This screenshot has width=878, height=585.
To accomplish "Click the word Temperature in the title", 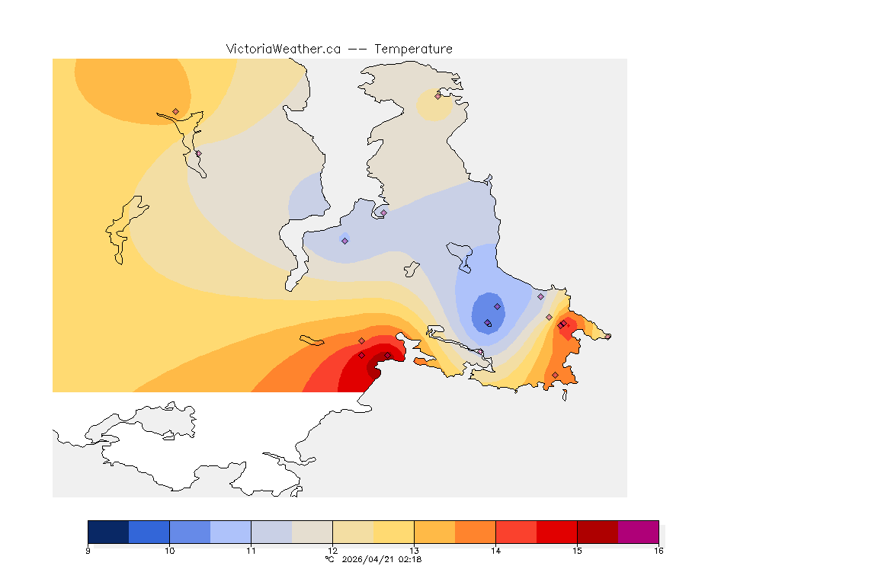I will pos(413,49).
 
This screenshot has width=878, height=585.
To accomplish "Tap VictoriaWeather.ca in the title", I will pos(283,49).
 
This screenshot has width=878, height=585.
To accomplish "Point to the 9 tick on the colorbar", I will pos(88,550).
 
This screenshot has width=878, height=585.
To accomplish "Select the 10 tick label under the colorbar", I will pos(169,550).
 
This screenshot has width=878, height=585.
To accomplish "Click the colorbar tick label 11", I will pos(251,550).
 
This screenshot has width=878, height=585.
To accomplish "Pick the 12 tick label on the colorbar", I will pos(332,550).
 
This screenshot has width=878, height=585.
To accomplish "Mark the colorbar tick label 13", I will pos(414,550).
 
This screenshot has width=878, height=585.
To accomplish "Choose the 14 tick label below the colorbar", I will pos(495,550).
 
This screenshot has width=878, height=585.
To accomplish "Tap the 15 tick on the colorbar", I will pos(577,550).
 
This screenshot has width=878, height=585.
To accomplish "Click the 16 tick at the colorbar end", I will pos(658,550).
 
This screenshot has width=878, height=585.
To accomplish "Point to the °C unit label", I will pos(329,559).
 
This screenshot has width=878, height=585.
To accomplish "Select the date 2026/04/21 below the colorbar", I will pos(369,559).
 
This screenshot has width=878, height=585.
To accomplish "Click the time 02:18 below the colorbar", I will pos(411,559).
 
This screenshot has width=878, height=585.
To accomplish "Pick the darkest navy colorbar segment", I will pos(108,532).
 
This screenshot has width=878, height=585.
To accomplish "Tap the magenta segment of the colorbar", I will pos(638,532).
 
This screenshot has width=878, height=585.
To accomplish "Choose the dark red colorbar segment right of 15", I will pos(598,532).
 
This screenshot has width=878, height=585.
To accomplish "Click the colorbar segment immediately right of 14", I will pos(516,532).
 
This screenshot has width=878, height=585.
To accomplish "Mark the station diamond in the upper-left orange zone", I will pos(175,111).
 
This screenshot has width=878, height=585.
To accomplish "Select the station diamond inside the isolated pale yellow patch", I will pos(437,96).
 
